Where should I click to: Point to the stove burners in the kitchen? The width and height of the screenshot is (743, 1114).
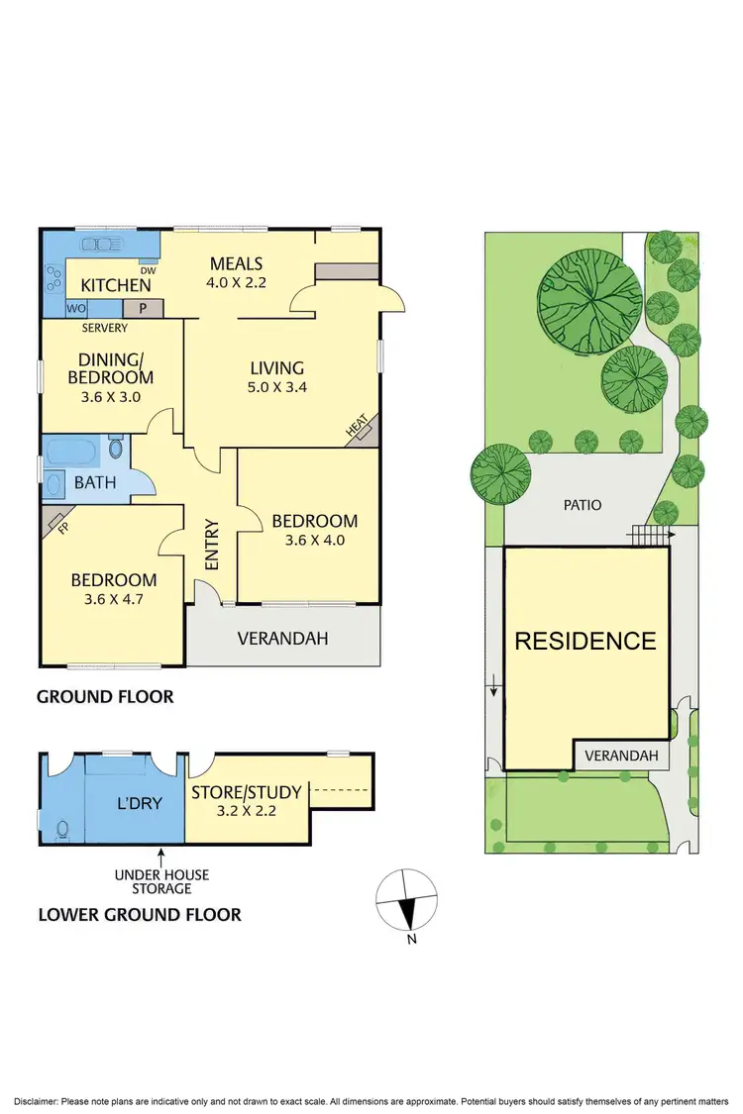click(x=52, y=279)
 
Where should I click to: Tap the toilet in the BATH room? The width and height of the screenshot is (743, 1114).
click(x=116, y=450)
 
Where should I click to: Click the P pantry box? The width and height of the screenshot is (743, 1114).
click(x=143, y=308)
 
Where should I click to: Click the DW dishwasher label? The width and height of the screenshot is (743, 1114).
click(x=148, y=270)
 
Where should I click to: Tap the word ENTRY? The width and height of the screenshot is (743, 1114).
click(x=212, y=545)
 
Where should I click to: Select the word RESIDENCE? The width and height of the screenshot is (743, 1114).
click(x=584, y=641)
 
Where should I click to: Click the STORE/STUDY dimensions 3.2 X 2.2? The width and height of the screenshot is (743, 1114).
click(x=234, y=809)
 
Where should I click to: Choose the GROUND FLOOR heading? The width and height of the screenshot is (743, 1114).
click(x=105, y=697)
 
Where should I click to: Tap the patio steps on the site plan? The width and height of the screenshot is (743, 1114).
click(x=646, y=535)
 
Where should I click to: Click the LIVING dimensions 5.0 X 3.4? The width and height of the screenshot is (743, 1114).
click(x=276, y=387)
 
